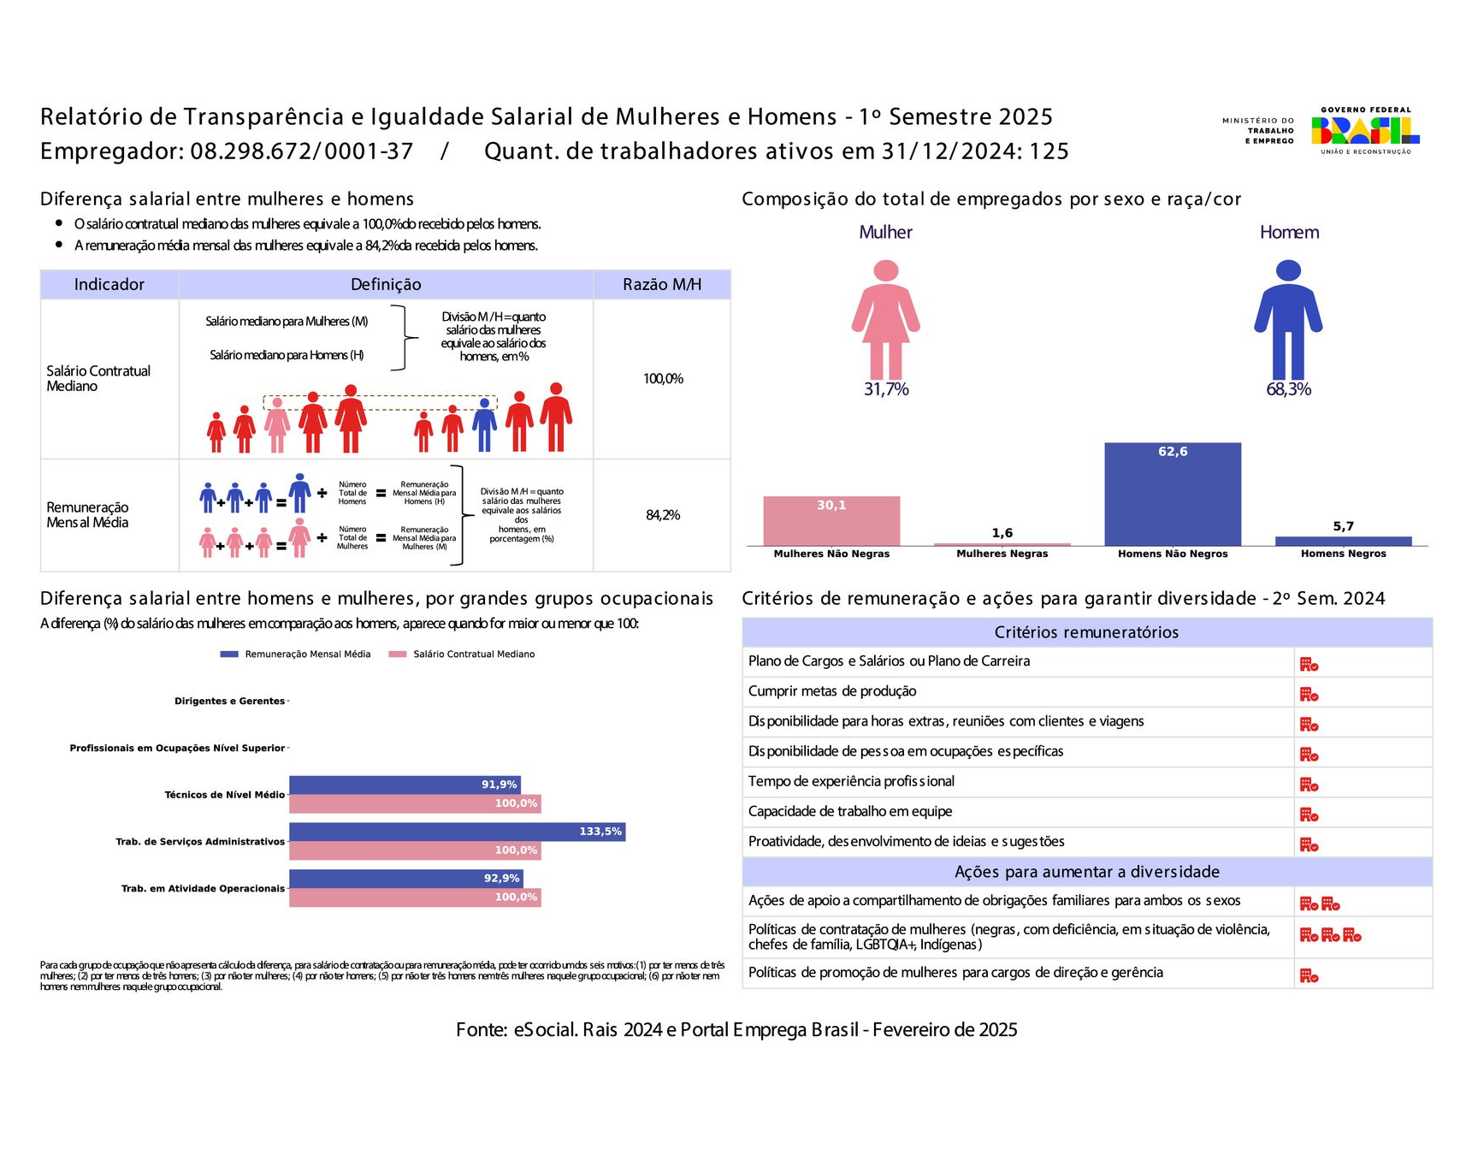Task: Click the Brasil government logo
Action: [x=1364, y=130]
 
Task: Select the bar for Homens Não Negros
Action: [x=1172, y=494]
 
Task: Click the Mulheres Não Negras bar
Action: [x=831, y=520]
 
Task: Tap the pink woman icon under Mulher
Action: [x=885, y=320]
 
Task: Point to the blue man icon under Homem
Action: [x=1288, y=320]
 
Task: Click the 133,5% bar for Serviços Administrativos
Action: [x=457, y=832]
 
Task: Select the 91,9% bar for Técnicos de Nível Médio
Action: [x=405, y=785]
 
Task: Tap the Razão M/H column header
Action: [x=661, y=285]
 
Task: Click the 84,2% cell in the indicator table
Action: [x=663, y=515]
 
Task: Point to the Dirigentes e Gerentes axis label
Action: [x=229, y=702]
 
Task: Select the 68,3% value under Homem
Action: [x=1288, y=389]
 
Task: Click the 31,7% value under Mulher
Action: [x=886, y=389]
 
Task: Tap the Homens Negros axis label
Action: [x=1343, y=554]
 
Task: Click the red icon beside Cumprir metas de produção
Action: [x=1309, y=695]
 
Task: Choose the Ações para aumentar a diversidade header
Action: [x=1086, y=872]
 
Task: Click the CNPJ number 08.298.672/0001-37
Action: [x=302, y=151]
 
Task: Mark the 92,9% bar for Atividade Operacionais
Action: [x=405, y=879]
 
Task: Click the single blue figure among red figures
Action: [x=484, y=424]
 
